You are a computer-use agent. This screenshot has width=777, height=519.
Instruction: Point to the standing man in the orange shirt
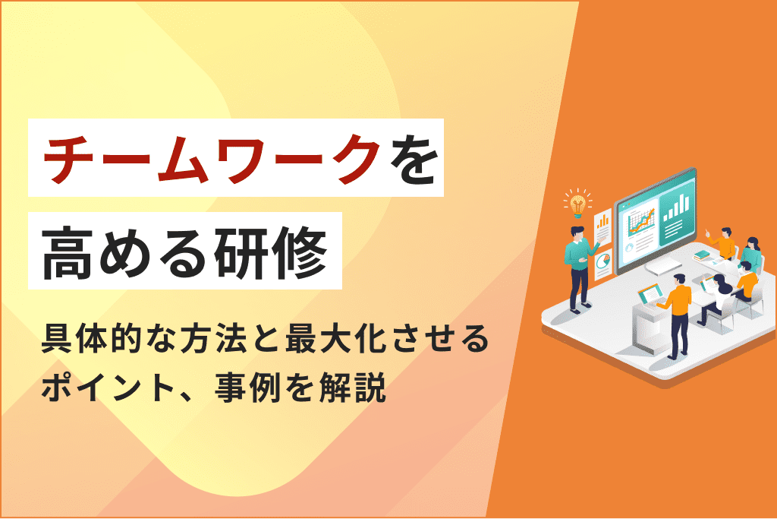(677, 312)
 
